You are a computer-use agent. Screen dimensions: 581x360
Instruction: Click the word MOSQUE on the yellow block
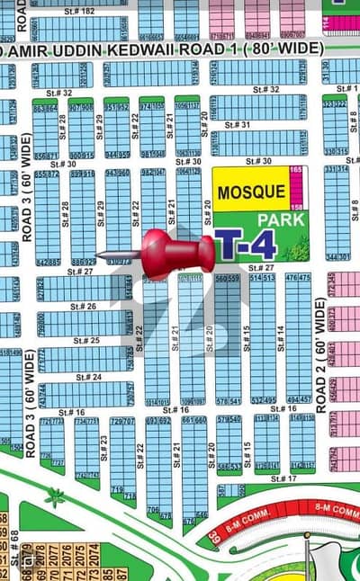250,193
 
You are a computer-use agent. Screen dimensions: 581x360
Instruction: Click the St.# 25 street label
86,341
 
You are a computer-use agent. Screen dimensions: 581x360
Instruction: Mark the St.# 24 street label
89,377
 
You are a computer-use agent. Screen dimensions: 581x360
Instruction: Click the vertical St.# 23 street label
104,447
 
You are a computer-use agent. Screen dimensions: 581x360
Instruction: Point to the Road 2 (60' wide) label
320,354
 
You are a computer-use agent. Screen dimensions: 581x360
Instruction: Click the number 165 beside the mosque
296,170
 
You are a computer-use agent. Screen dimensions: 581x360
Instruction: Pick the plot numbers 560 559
227,279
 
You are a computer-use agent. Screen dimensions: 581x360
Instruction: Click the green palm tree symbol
57,496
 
